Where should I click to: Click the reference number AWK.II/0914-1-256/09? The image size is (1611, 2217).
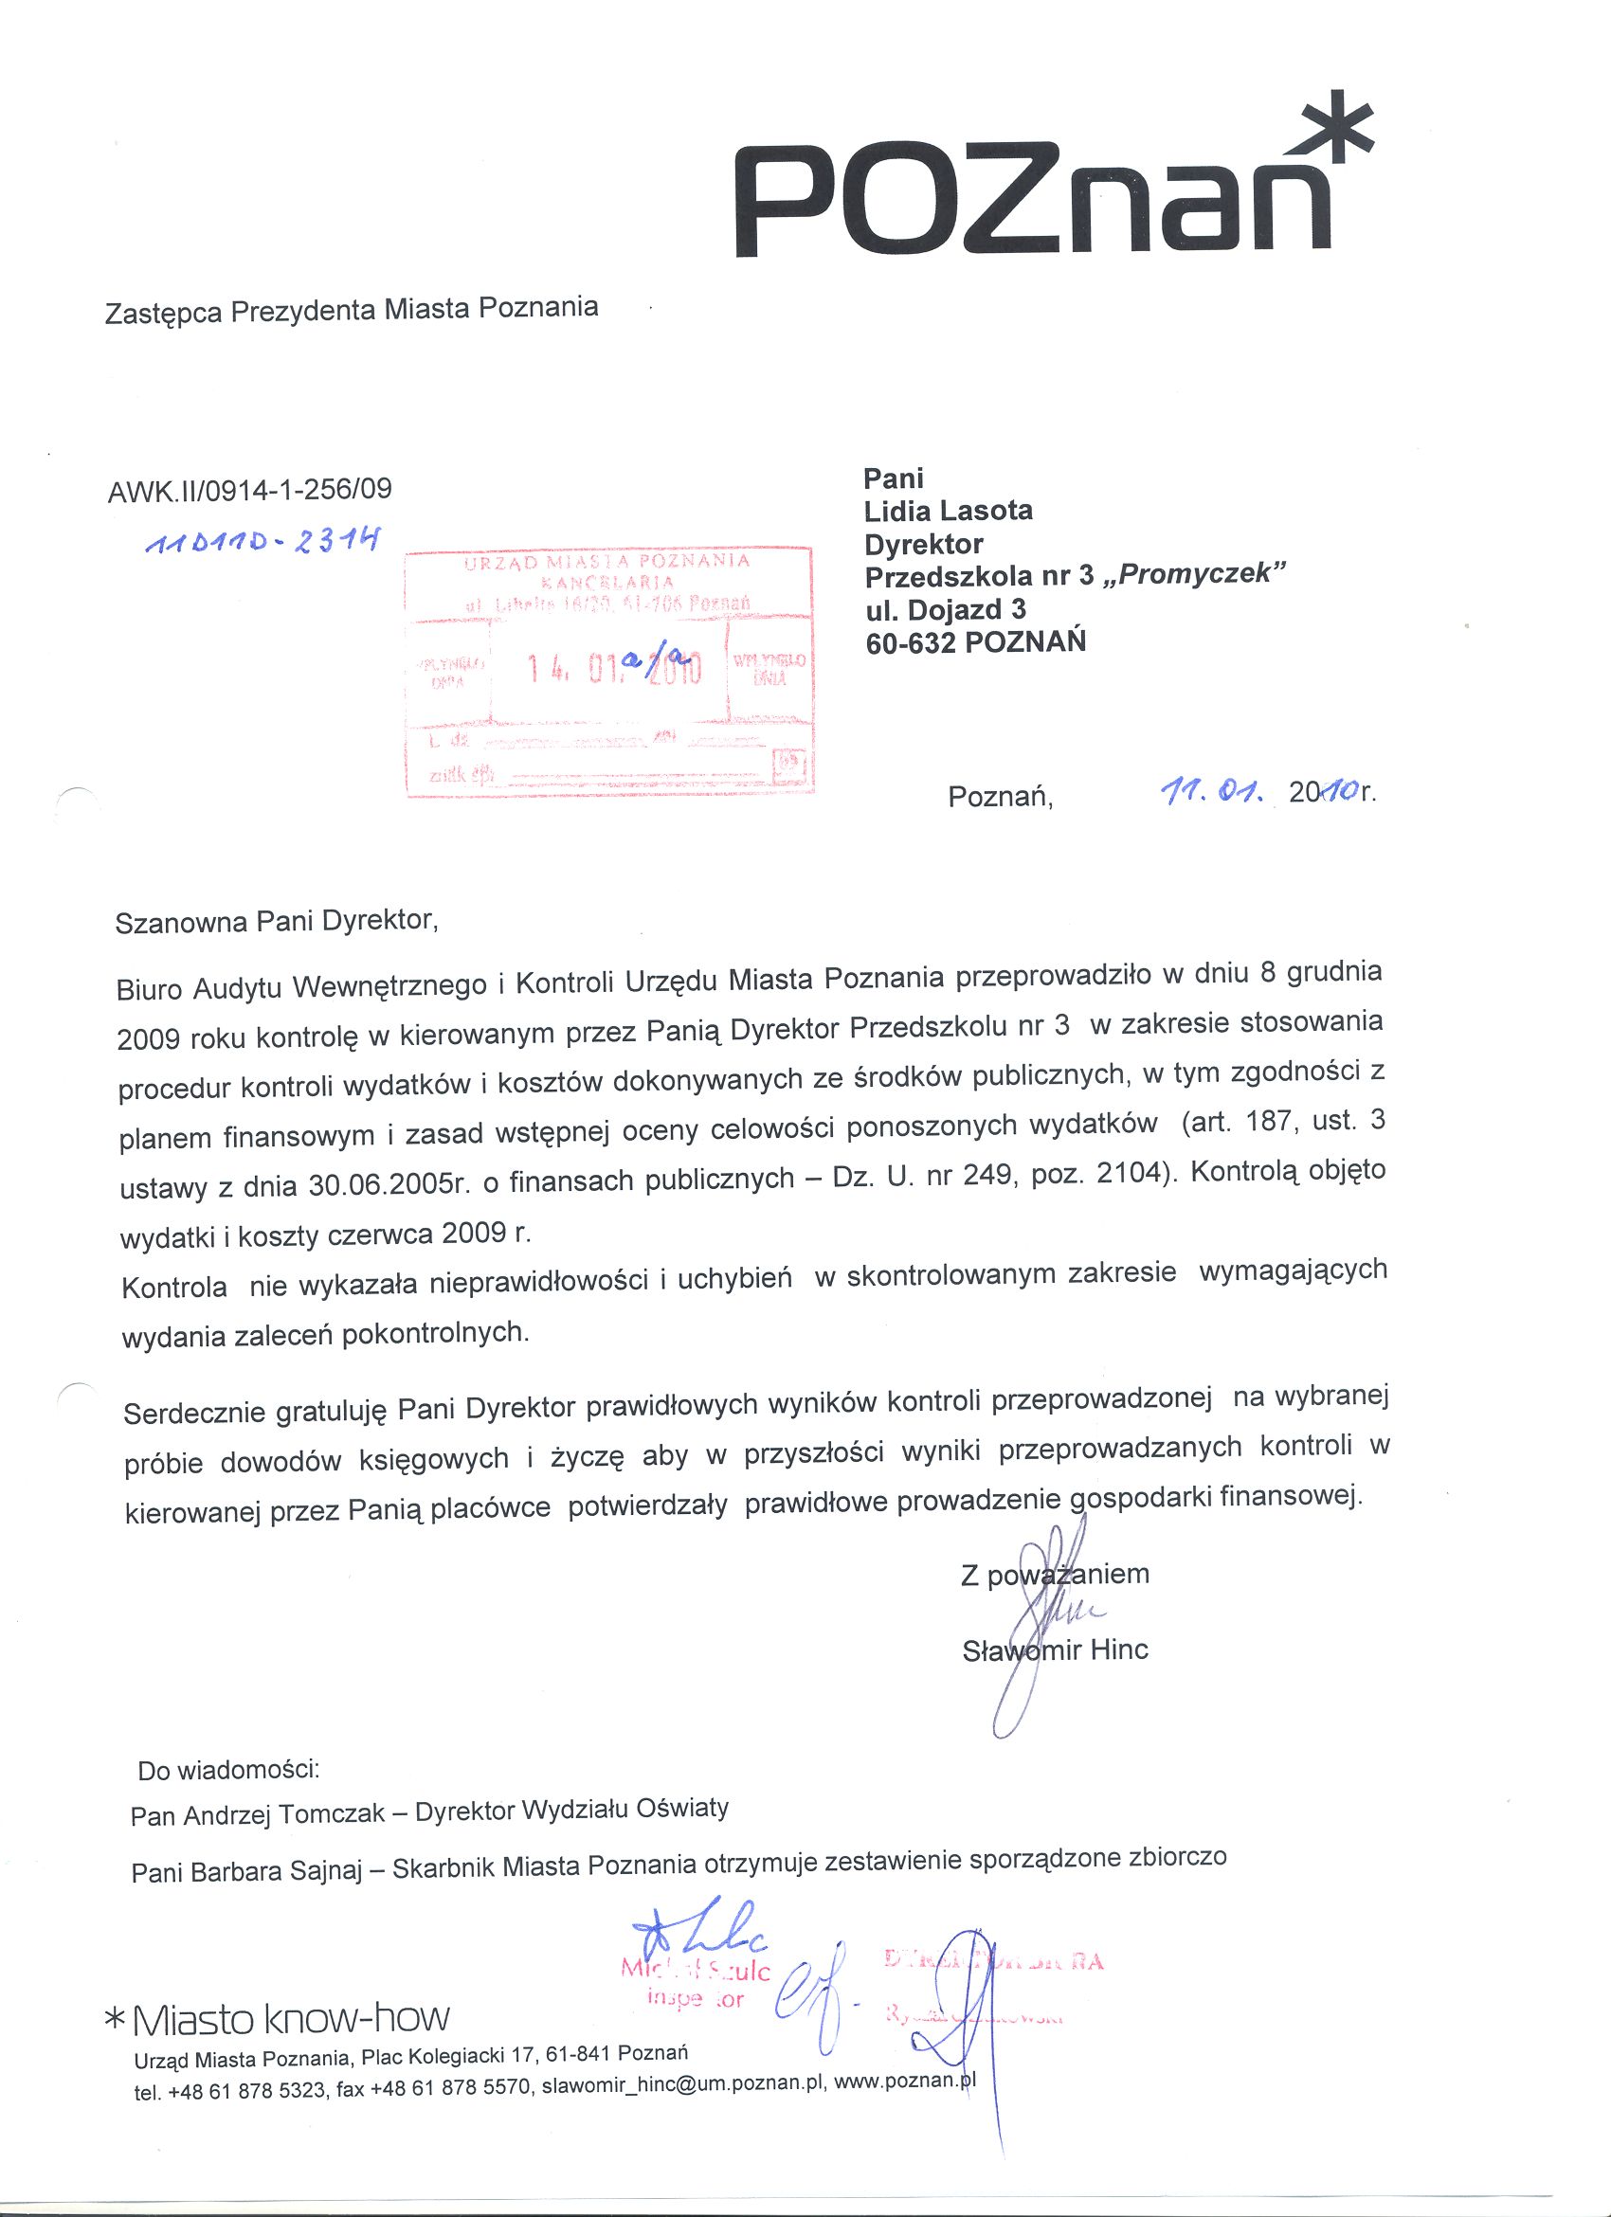[249, 489]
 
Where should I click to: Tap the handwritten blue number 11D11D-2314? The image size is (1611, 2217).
[261, 544]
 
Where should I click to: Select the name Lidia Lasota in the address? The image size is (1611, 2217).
[949, 511]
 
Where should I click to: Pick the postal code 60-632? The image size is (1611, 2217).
[911, 642]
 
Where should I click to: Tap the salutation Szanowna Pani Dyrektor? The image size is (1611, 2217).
[276, 922]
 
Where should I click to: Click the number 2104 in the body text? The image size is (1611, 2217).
[1132, 1175]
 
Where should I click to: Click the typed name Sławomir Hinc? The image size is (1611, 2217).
[1055, 1651]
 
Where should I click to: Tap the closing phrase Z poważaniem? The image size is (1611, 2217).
[1055, 1575]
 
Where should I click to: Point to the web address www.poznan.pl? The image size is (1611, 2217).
[905, 2082]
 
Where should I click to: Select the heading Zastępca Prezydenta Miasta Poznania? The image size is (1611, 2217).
[351, 310]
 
